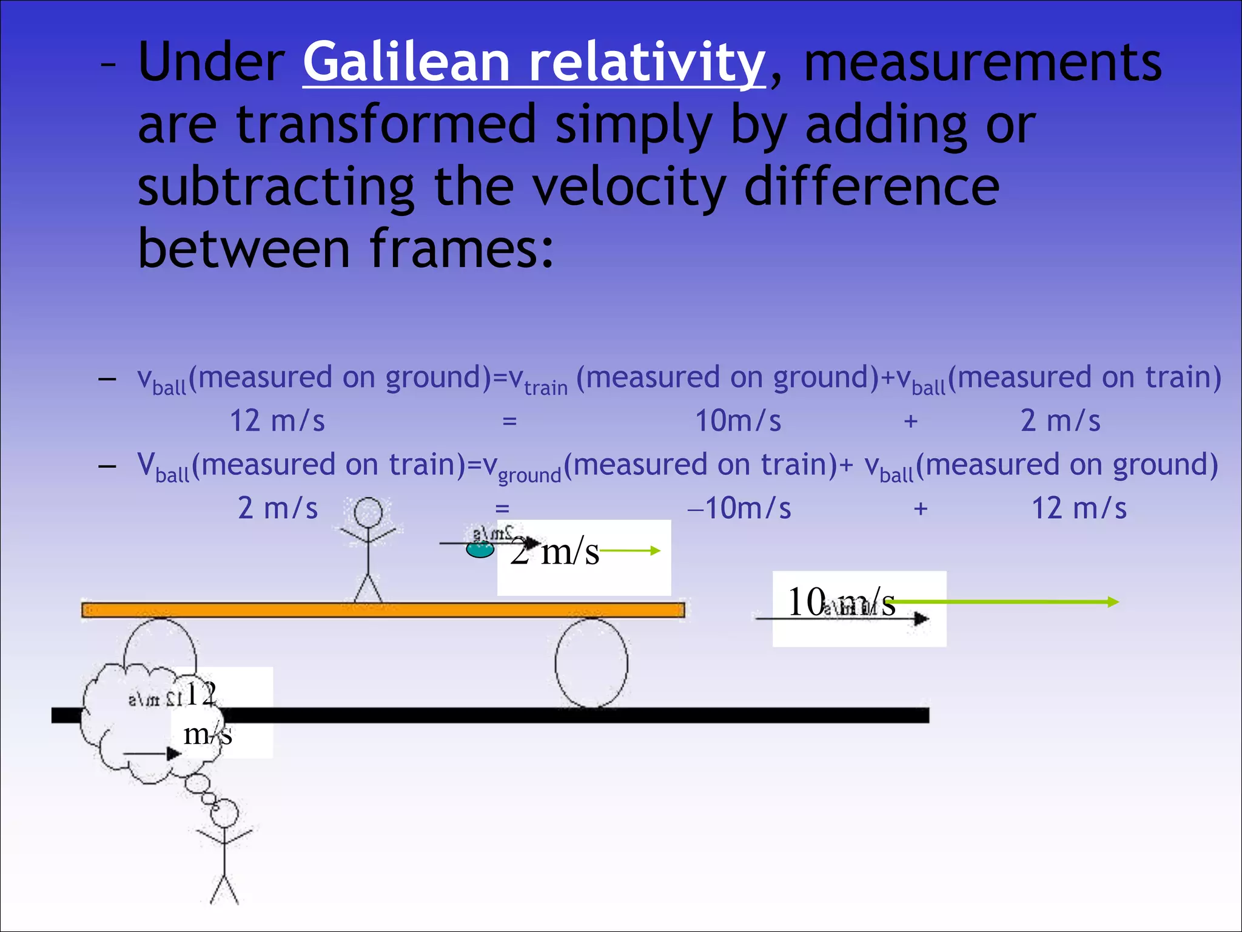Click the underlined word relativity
646,62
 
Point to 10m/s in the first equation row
737,420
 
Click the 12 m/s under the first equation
277,420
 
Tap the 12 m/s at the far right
1079,508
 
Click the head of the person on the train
368,513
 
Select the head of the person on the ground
224,813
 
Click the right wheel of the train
591,663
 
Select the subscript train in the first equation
546,388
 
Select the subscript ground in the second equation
529,475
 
